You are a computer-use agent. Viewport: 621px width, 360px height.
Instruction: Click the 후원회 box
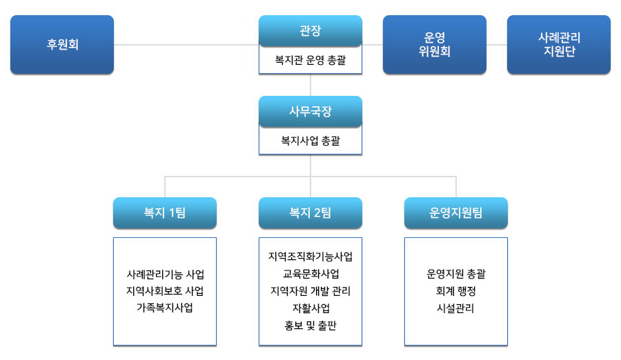tap(62, 44)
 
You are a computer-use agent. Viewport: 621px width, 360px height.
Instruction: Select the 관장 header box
tap(310, 31)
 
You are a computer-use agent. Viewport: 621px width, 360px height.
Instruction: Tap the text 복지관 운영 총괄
tap(310, 60)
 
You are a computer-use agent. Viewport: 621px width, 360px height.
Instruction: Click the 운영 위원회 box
tap(435, 44)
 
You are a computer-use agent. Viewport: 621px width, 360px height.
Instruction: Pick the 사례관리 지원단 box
tap(559, 44)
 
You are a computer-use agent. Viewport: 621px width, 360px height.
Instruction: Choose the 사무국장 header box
tap(310, 112)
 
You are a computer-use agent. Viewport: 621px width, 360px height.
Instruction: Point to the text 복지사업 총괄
tap(310, 141)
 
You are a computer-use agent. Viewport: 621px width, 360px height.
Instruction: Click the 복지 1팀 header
tap(165, 213)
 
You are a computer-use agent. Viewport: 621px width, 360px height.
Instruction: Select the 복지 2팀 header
tap(310, 213)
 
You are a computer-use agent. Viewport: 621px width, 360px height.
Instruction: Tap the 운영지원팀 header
tap(456, 213)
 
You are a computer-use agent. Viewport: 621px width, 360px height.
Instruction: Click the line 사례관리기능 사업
tap(165, 274)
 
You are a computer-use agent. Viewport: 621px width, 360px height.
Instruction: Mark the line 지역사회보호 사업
tap(165, 291)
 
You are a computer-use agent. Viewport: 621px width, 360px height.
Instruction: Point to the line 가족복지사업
tap(165, 308)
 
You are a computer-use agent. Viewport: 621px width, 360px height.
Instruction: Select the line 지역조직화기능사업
tap(310, 257)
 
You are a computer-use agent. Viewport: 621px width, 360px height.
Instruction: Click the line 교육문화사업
tap(311, 274)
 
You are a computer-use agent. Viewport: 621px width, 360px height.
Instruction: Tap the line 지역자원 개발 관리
tap(310, 291)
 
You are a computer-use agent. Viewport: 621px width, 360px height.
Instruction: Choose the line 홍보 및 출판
tap(310, 326)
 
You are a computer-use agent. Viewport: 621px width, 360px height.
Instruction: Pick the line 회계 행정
tap(456, 291)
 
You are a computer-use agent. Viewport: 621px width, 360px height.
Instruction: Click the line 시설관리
tap(455, 308)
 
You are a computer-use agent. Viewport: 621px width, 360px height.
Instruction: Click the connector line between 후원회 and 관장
tap(186, 45)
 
